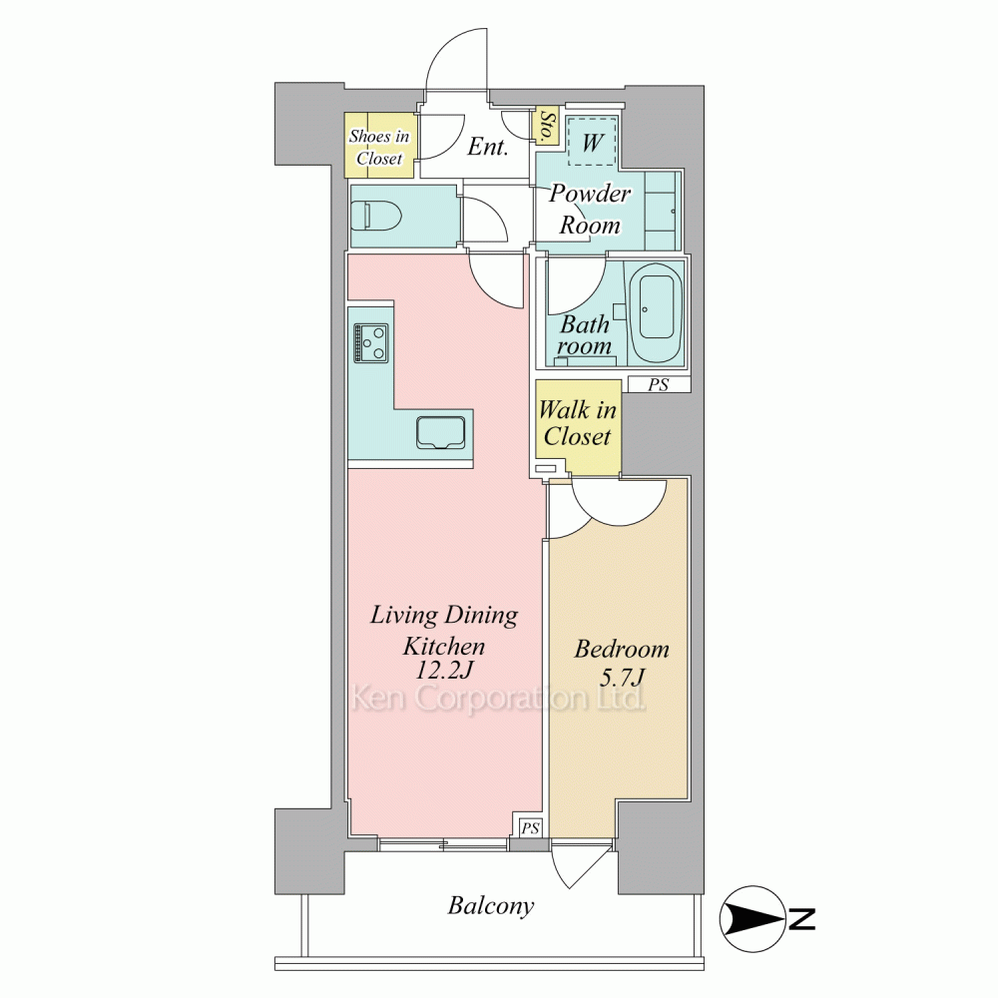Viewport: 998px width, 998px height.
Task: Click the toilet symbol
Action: point(376,217)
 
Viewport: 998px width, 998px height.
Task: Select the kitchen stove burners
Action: point(371,343)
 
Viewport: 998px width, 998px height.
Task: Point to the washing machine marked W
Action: point(592,141)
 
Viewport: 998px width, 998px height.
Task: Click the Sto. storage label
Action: point(546,126)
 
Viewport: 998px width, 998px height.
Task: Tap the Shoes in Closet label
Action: point(378,147)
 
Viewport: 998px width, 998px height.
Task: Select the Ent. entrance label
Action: point(488,147)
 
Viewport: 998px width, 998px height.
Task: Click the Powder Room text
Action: point(590,209)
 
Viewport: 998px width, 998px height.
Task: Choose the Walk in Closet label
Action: point(578,422)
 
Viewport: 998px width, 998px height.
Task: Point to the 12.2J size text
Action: point(443,671)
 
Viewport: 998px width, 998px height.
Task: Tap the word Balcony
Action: point(491,906)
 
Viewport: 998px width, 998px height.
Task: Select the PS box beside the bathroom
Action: point(659,384)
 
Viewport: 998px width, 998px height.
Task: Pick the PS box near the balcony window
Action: point(530,827)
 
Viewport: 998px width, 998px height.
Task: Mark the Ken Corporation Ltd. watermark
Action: point(498,700)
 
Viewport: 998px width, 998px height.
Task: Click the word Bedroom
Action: point(621,650)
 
